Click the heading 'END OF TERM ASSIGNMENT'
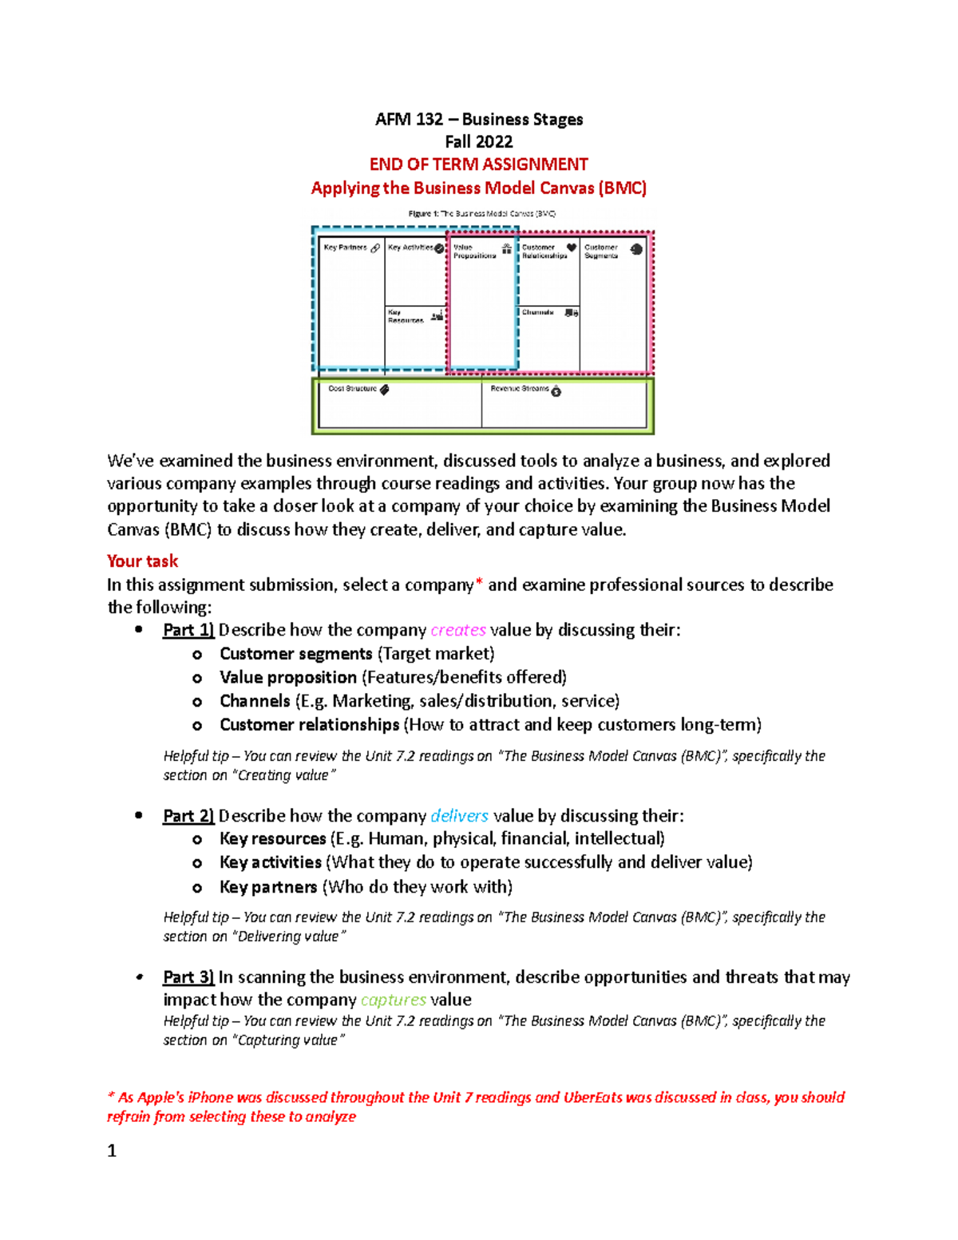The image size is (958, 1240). (x=478, y=164)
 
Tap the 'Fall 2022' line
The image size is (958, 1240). (x=478, y=142)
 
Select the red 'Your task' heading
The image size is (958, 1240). (x=142, y=561)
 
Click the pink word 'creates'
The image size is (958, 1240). (x=457, y=630)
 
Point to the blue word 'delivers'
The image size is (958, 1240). (x=459, y=816)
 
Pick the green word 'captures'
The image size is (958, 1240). (x=393, y=1000)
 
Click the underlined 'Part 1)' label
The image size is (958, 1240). (x=188, y=630)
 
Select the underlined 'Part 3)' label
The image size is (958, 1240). (x=188, y=977)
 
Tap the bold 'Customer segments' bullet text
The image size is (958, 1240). (x=295, y=654)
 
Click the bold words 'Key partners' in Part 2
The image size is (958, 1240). (x=268, y=887)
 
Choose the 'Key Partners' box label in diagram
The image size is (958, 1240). (x=345, y=248)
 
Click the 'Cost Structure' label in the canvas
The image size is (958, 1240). (x=352, y=389)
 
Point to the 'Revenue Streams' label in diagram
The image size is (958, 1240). (x=519, y=389)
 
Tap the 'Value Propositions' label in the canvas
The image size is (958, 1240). (x=474, y=252)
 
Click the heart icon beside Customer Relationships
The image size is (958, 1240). (x=572, y=248)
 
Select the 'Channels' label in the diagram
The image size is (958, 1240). (x=537, y=312)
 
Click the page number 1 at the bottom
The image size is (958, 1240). (x=112, y=1151)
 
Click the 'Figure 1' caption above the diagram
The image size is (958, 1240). (x=481, y=213)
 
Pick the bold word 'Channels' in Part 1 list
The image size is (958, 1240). (x=255, y=701)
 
